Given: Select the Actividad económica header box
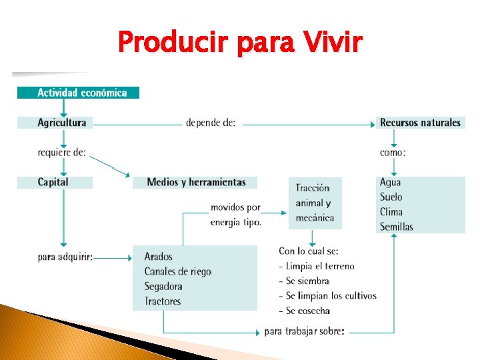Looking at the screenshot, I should [x=79, y=93].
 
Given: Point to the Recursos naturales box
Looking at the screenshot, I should [x=421, y=123].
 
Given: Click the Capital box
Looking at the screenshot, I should [x=54, y=182].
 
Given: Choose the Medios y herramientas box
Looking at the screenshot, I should [x=195, y=182].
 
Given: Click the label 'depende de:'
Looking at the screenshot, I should [x=210, y=123].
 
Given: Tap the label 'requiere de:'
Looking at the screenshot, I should [x=62, y=152].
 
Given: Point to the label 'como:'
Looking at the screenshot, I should [x=393, y=152].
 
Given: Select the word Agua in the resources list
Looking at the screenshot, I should [x=391, y=183].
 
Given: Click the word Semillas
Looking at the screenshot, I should [x=397, y=227].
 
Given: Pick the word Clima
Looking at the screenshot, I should [x=391, y=212].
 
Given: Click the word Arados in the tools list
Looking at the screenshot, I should [x=159, y=257].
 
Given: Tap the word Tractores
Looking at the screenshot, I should [x=163, y=301].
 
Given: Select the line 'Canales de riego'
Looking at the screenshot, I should [x=178, y=271].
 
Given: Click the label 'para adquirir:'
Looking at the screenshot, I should [x=65, y=257].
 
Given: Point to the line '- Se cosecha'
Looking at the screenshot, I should [x=304, y=311].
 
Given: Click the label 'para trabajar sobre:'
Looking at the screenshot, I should [x=304, y=331].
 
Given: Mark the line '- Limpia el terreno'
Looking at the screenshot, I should [x=317, y=266].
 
